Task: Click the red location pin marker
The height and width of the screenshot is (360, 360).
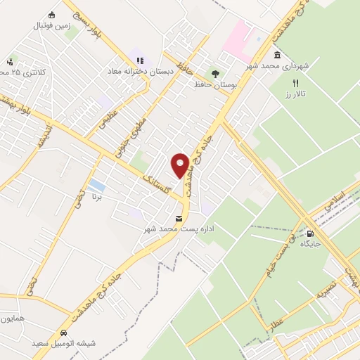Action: (181, 165)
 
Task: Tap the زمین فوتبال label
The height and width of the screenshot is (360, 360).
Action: (51, 25)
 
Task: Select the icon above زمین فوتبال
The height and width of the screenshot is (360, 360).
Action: (51, 14)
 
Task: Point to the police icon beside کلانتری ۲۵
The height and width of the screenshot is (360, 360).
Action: (10, 61)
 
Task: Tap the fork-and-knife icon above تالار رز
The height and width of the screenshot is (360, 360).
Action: (297, 82)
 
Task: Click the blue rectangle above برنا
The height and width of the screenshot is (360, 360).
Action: (98, 186)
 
